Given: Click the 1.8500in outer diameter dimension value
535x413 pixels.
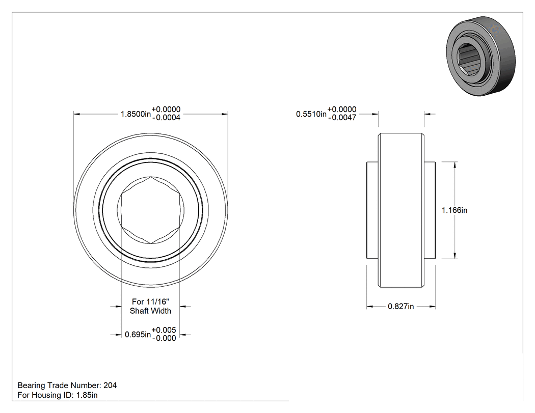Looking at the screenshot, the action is (136, 114).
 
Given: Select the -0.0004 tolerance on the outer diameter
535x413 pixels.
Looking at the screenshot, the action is (166, 118).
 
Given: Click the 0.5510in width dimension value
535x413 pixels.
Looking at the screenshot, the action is (311, 114).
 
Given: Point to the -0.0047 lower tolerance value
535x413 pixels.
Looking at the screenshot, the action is (342, 118).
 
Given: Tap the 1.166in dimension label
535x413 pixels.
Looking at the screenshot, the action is (454, 210).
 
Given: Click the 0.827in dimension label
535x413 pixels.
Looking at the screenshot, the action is (401, 307).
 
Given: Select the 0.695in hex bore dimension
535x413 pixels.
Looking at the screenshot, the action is (138, 335).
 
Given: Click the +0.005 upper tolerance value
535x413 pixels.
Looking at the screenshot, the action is (164, 330).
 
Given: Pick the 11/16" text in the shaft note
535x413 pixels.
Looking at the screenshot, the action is (157, 301).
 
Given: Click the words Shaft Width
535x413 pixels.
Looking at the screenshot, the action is (150, 311).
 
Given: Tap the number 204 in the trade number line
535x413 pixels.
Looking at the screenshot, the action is (110, 386).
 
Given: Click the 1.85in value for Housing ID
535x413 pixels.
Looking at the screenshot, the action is (87, 395).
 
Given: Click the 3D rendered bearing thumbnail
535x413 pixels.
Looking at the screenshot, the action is (481, 56).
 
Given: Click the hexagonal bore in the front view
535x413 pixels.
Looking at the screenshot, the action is (151, 210).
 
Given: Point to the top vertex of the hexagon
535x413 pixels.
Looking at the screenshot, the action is (151, 177).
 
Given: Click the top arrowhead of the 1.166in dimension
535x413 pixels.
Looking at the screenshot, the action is (455, 165).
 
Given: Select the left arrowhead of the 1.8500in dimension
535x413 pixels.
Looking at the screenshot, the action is (77, 114).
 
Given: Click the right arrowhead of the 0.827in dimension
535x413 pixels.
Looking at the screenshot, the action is (433, 307).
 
